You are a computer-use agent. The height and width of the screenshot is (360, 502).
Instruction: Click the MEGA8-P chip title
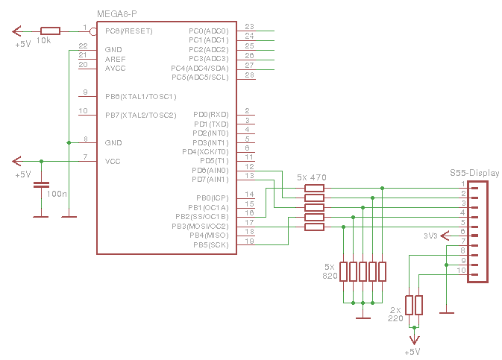(117, 14)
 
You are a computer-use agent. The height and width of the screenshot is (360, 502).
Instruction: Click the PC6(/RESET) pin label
(129, 31)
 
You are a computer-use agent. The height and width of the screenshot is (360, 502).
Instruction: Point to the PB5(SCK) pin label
(210, 244)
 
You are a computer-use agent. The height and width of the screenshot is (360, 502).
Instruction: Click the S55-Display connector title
(474, 172)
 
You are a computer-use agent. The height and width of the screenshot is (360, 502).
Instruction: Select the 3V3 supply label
(430, 236)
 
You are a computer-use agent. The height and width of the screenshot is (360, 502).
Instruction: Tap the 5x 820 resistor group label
(330, 271)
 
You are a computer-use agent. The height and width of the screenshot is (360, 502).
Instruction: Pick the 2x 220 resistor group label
(395, 313)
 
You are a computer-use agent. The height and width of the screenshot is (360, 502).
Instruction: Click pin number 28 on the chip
(249, 75)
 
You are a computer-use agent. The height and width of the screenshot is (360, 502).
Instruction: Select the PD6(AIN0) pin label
(210, 170)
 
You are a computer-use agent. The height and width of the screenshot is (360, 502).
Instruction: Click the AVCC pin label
(115, 69)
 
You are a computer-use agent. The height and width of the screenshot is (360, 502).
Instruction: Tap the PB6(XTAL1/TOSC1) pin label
(140, 96)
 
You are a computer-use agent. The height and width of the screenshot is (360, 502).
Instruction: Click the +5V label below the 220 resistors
(412, 352)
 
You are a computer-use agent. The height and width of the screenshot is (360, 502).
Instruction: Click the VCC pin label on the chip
(113, 161)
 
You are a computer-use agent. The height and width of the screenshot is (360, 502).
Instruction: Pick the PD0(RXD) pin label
(211, 114)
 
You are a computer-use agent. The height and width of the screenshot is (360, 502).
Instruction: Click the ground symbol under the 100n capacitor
(41, 216)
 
